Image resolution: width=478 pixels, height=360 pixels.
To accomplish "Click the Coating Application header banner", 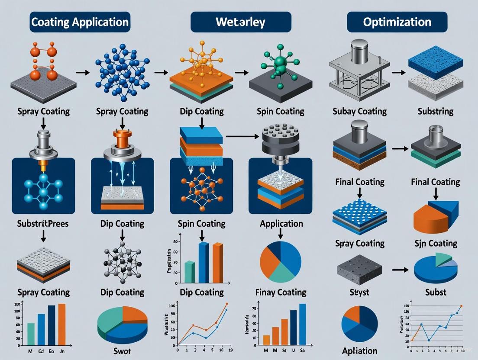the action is [80, 22].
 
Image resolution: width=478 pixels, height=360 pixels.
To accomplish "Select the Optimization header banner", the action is [397, 22].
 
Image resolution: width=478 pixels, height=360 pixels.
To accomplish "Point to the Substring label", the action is [436, 111].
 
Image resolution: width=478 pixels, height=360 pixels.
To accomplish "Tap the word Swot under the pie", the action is [123, 350].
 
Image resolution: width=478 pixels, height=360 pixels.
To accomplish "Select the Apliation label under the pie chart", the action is [359, 351].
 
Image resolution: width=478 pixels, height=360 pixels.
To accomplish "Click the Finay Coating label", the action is [281, 292].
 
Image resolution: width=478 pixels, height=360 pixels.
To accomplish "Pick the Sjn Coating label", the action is [435, 243].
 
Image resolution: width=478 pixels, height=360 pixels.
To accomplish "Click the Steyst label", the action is [359, 292].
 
